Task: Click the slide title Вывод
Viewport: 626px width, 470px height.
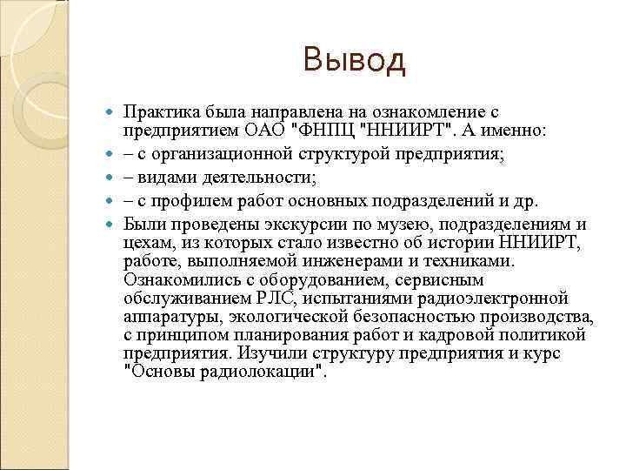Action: click(354, 61)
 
